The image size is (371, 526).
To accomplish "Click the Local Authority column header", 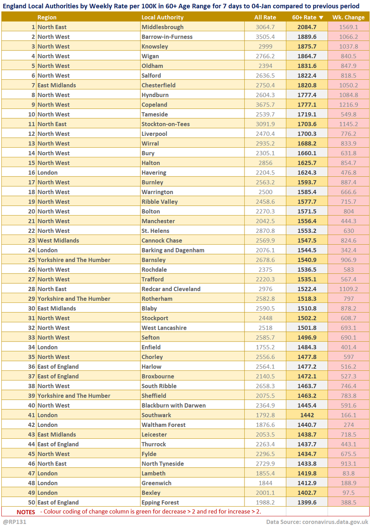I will click(x=162, y=18).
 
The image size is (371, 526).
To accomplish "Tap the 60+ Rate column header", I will click(x=304, y=18).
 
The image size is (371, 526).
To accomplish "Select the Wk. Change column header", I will click(x=349, y=18).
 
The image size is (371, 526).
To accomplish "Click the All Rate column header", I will click(x=265, y=18).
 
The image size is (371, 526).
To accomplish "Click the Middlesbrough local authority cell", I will click(x=162, y=27).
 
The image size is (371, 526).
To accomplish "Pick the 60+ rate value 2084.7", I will click(x=307, y=27).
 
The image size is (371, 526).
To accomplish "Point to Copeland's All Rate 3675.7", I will click(x=265, y=105).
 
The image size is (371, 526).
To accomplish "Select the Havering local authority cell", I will click(x=154, y=173).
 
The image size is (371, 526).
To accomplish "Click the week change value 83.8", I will click(x=349, y=473).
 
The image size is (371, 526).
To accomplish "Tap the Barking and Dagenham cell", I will click(x=173, y=250).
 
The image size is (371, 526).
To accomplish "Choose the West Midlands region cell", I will click(x=58, y=241).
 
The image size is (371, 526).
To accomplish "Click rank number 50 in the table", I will click(x=31, y=502).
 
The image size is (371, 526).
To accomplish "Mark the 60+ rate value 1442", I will click(x=307, y=415).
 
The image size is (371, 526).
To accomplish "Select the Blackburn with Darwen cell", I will click(x=173, y=405).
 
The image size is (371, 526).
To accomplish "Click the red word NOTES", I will click(x=26, y=512).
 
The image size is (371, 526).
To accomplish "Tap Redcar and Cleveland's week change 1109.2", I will click(x=349, y=289).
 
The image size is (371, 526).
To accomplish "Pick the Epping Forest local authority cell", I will click(x=160, y=502).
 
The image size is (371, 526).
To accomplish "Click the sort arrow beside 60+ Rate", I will click(x=321, y=18).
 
